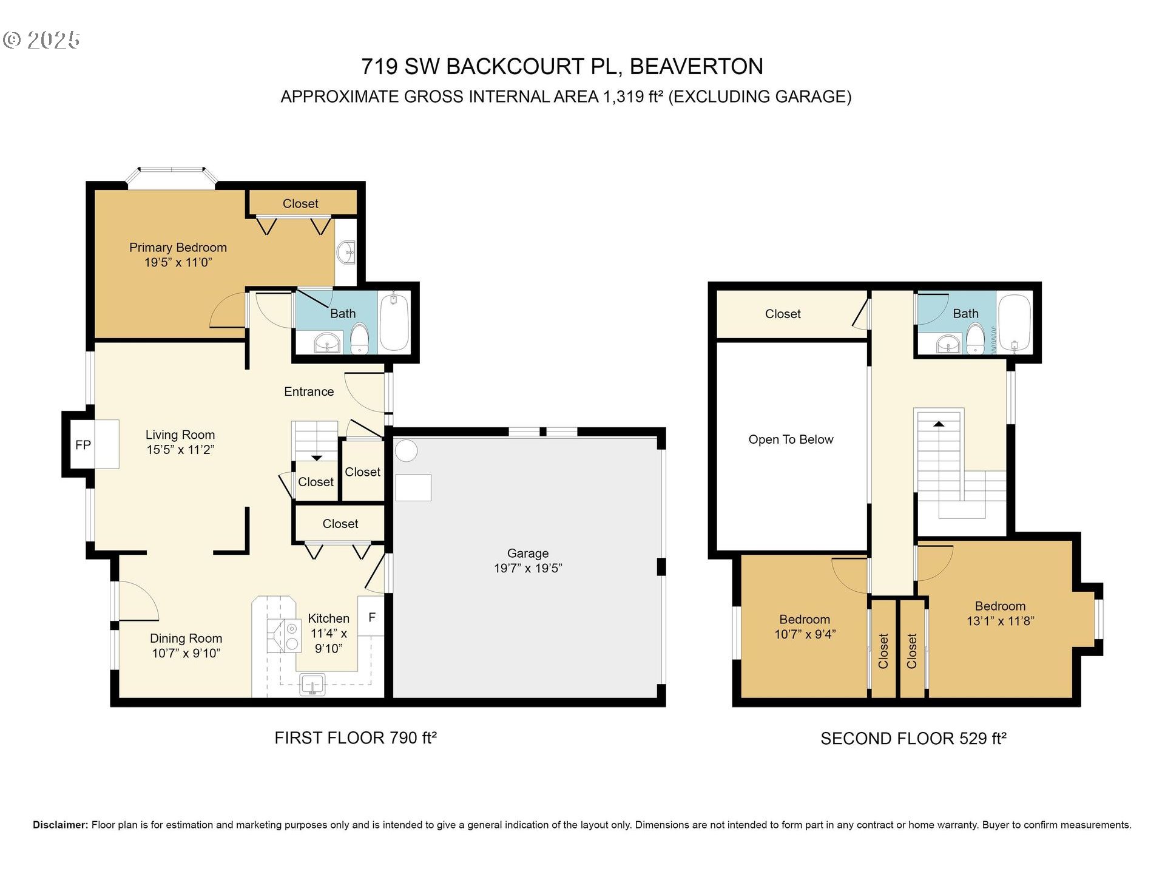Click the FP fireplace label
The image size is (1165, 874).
pos(83,445)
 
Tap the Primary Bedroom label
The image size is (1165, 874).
pos(178,248)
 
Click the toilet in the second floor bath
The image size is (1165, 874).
pos(975,339)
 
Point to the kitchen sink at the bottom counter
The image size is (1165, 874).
pos(312,685)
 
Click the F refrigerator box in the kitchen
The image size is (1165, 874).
pos(371,617)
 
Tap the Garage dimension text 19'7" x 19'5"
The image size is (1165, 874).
pos(528,568)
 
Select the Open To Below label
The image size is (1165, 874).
pos(791,439)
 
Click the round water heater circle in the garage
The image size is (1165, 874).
pos(406,451)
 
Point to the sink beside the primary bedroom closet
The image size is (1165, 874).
pos(346,252)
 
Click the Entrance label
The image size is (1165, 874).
pos(309,391)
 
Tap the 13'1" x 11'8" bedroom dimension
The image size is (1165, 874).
pos(1000,621)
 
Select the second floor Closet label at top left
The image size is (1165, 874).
pos(783,314)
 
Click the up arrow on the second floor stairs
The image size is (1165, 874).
pos(939,424)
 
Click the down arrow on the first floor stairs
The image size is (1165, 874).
pos(317,458)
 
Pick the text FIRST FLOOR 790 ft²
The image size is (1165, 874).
pos(356,738)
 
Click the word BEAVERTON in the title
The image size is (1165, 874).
pos(696,67)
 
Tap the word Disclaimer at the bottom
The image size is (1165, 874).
pos(60,825)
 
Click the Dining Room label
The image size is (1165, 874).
pos(186,639)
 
